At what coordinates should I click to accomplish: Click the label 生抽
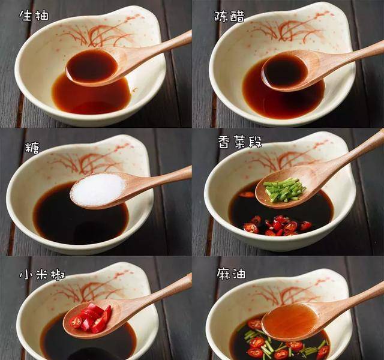pos(34,16)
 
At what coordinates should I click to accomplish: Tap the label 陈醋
pos(229,16)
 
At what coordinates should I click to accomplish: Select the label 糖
pos(32,148)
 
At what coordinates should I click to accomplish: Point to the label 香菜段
pos(240,142)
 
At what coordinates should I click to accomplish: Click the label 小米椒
pos(42,275)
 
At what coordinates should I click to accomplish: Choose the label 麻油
pos(231,274)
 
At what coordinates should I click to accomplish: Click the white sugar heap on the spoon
pos(98,189)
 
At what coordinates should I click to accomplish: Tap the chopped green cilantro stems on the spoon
pos(284,189)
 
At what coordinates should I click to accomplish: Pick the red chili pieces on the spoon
pos(91,318)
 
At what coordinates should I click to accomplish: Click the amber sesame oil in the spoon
pos(290,319)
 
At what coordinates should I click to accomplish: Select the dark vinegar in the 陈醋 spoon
pos(286,71)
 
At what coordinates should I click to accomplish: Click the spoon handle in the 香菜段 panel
pos(348,155)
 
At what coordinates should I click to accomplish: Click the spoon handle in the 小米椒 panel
pos(152,293)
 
